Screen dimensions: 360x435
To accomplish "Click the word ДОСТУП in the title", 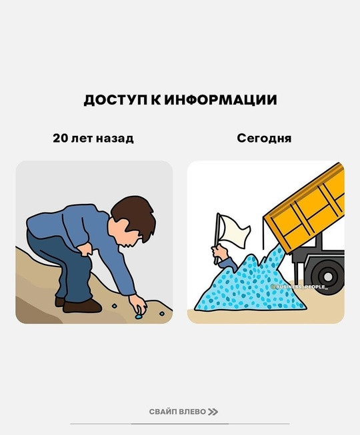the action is [115, 100].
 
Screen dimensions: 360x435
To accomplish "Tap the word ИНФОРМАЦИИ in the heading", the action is [221, 100].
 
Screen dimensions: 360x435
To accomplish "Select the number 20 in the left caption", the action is [60, 138].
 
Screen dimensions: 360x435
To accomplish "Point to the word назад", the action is [115, 139].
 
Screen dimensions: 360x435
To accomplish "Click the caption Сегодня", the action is [264, 139].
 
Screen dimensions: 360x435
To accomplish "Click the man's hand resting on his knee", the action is [85, 249].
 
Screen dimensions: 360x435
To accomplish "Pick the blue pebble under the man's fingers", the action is [138, 316].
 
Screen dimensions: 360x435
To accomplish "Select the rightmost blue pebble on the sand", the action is [162, 314].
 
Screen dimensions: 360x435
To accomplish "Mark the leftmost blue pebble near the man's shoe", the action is [115, 306].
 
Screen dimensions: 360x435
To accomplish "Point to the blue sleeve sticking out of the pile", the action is [228, 264].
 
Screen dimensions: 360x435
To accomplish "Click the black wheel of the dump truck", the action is [328, 276].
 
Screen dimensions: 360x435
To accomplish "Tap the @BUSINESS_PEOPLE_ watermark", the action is [299, 286].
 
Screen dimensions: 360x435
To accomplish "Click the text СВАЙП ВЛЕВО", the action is [177, 412].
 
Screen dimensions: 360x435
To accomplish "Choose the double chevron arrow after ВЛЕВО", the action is [213, 412].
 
